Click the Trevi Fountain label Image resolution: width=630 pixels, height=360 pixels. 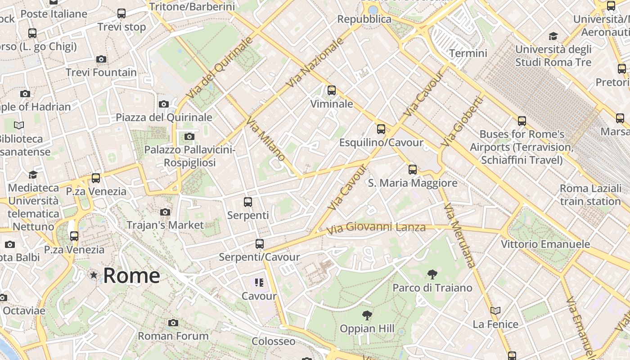(101, 72)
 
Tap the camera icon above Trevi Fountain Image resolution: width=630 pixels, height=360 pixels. (101, 59)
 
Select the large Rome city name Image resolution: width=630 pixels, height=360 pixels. (131, 275)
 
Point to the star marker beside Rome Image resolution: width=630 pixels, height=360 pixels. (94, 275)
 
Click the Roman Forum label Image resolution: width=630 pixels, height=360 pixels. (173, 336)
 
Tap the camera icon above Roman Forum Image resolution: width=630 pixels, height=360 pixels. (173, 323)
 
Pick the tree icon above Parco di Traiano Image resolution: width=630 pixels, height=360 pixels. (432, 274)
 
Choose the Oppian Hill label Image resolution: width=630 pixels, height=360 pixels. (367, 329)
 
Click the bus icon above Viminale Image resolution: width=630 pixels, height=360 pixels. (332, 90)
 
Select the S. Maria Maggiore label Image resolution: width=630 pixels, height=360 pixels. (413, 183)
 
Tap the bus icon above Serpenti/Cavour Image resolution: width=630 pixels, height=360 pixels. (259, 244)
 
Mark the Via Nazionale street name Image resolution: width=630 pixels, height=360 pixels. (315, 63)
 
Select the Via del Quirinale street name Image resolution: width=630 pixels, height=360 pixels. (219, 68)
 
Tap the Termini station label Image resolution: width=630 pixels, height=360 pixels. (468, 53)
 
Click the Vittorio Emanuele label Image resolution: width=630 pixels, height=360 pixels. (545, 244)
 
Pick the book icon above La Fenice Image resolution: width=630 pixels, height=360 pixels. (495, 310)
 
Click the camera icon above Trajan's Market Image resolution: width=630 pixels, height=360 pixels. (165, 212)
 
